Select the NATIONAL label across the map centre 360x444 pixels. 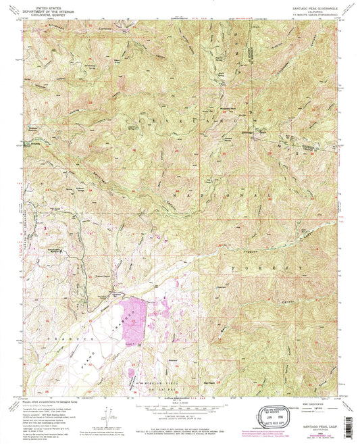pos(216,196)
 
